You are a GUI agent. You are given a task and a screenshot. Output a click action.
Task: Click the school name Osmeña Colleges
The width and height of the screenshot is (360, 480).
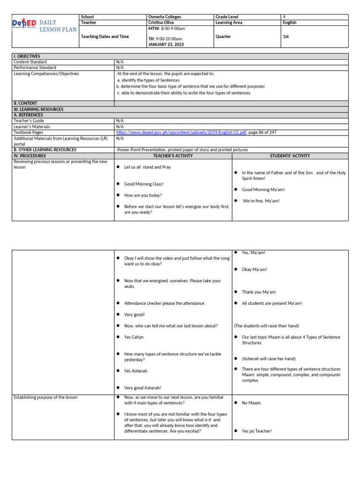click(164, 17)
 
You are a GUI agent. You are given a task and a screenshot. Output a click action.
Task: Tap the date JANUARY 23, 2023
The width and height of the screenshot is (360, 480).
click(165, 45)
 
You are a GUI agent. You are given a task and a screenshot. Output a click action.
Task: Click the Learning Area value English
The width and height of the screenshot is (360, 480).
click(290, 22)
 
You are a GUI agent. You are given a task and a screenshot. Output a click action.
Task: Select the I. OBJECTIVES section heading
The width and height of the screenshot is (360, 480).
click(27, 56)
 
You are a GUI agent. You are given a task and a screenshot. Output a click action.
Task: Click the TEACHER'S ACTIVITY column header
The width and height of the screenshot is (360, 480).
click(173, 156)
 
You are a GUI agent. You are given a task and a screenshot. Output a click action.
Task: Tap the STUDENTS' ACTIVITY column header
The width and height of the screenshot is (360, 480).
click(290, 156)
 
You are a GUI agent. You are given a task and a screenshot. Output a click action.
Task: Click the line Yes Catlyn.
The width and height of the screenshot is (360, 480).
click(134, 337)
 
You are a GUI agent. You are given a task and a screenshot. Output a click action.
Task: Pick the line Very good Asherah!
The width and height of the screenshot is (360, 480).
click(142, 388)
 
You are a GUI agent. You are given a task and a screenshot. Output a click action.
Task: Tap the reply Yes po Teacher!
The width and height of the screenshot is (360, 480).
click(256, 431)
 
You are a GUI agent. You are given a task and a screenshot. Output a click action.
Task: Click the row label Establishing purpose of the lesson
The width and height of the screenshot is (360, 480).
click(45, 397)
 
